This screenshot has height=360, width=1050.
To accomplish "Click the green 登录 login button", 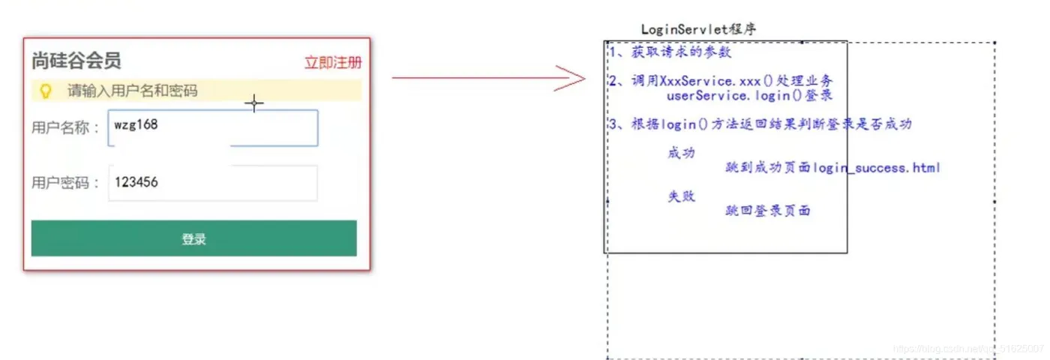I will (193, 238).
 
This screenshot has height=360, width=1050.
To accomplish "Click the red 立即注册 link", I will (332, 62).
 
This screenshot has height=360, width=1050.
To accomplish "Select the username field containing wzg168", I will (213, 127).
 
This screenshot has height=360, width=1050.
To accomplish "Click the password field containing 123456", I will (213, 182).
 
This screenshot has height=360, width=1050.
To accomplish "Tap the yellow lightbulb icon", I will (46, 91).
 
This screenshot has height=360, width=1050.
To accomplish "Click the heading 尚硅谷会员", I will (76, 61).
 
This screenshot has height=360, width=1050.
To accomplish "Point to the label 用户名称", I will (65, 127).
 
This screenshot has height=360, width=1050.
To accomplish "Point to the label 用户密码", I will (65, 182).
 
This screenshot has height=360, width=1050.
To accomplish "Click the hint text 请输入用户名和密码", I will (133, 91).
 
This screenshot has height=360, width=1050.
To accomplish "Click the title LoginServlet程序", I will (698, 29).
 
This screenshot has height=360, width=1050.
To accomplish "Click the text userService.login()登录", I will (749, 95).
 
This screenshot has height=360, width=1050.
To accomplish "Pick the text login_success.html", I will (876, 167).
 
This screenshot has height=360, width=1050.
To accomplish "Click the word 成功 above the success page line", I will (681, 153).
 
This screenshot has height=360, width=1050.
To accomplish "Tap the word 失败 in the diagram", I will (681, 196).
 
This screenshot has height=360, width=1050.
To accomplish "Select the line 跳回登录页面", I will (768, 211).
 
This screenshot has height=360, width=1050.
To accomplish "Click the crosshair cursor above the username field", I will (254, 103).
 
